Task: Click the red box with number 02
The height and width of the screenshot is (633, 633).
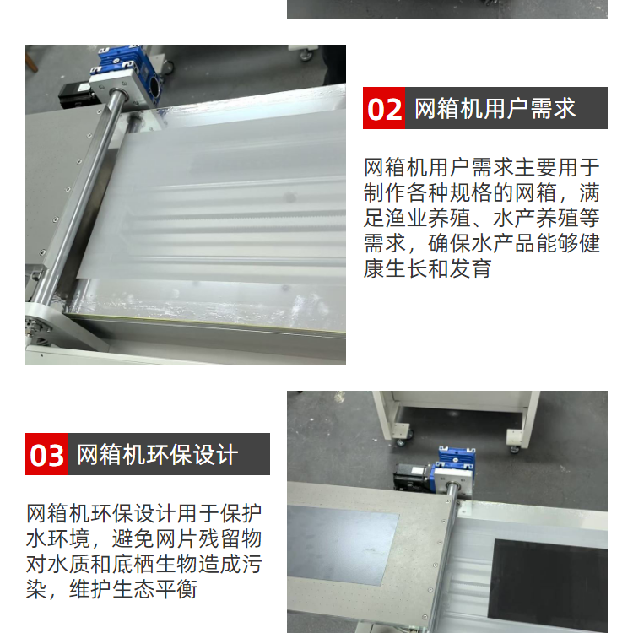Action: coord(384,108)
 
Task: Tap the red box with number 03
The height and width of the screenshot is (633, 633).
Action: coord(46,454)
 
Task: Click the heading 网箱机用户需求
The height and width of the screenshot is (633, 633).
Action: coord(495,108)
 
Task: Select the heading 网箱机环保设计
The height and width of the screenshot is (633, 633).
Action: coord(157,455)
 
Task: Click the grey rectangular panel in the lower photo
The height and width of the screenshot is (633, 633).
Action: coord(343,544)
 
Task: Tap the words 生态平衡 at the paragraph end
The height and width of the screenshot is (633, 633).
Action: coord(154,589)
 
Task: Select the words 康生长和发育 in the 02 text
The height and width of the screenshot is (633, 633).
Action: coord(428,268)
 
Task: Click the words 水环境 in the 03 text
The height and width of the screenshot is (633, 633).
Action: coord(57,539)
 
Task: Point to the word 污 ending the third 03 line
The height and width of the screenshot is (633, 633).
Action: coord(252,564)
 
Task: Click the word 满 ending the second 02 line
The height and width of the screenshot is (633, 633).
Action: coord(589,193)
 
